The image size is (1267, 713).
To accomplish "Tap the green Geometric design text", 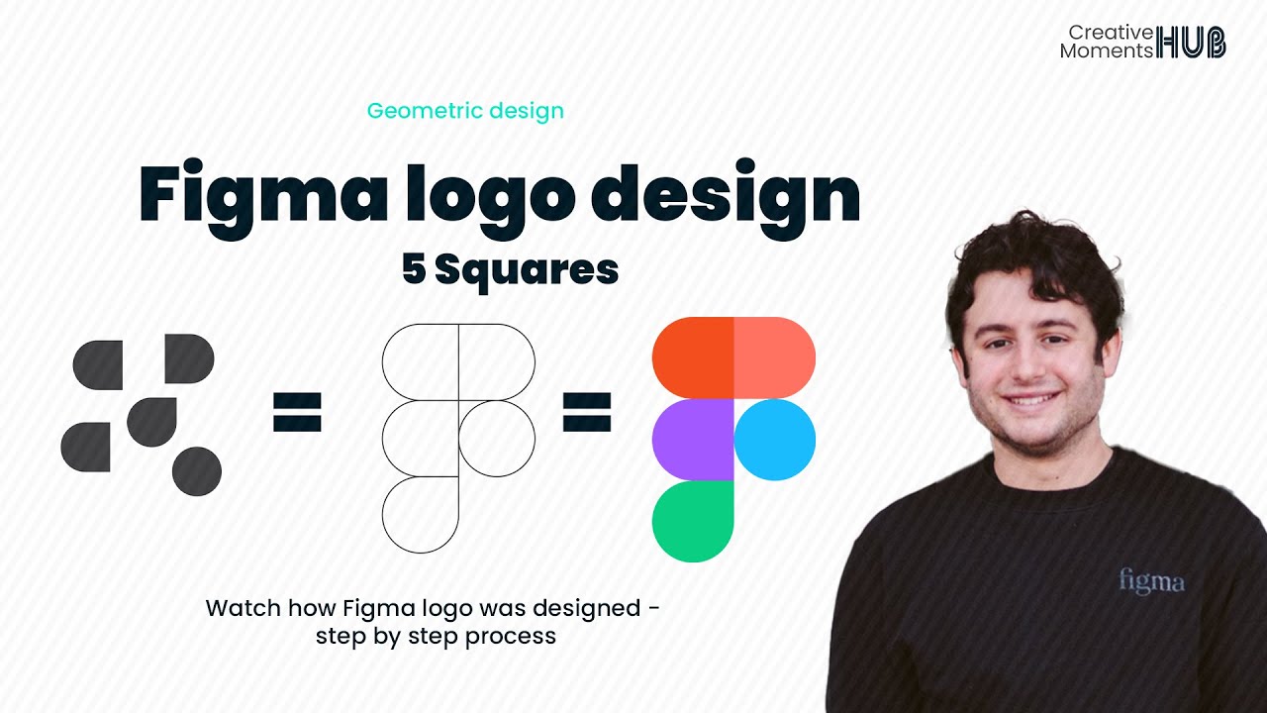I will [465, 111].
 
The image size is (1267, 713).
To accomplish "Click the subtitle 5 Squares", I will [510, 269].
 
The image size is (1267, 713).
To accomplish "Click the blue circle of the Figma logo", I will [775, 440].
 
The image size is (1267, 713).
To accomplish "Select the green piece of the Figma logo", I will [693, 521].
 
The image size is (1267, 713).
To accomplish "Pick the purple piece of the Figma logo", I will [693, 440].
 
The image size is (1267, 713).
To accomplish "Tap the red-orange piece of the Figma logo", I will [693, 357].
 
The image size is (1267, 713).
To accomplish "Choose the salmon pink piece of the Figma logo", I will [774, 357].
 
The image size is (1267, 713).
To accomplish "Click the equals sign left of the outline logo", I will [297, 413].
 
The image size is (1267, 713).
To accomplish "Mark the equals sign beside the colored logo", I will [587, 413].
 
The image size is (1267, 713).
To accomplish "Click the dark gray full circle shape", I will [196, 471].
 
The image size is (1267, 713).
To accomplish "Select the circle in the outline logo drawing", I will [496, 439].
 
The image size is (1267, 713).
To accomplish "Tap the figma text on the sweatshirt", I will [1151, 580].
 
